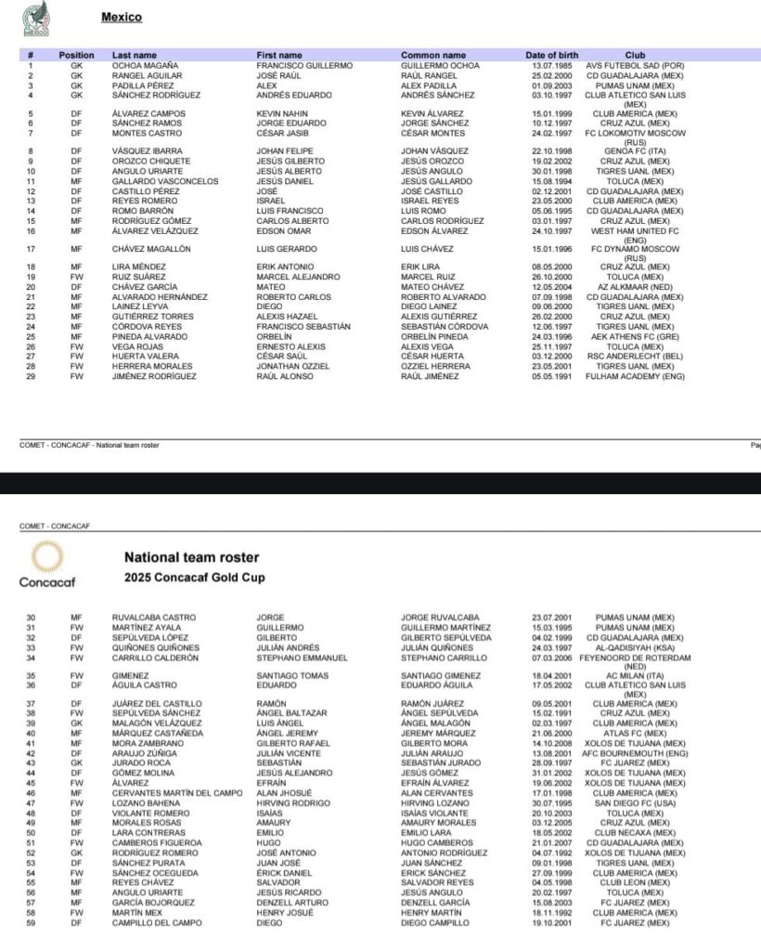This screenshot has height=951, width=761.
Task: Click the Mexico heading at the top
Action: tap(121, 18)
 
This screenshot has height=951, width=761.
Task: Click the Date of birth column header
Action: tap(551, 56)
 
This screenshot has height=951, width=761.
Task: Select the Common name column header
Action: tap(433, 56)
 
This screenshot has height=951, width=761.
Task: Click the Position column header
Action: tap(76, 56)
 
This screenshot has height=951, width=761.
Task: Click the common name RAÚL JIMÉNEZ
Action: tap(430, 376)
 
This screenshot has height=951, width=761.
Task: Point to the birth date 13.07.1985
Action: tap(550, 66)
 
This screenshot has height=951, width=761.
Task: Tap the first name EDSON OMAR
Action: tap(287, 231)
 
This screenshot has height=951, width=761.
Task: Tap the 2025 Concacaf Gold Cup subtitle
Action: tap(194, 578)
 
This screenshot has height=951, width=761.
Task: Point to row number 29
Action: tap(31, 376)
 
